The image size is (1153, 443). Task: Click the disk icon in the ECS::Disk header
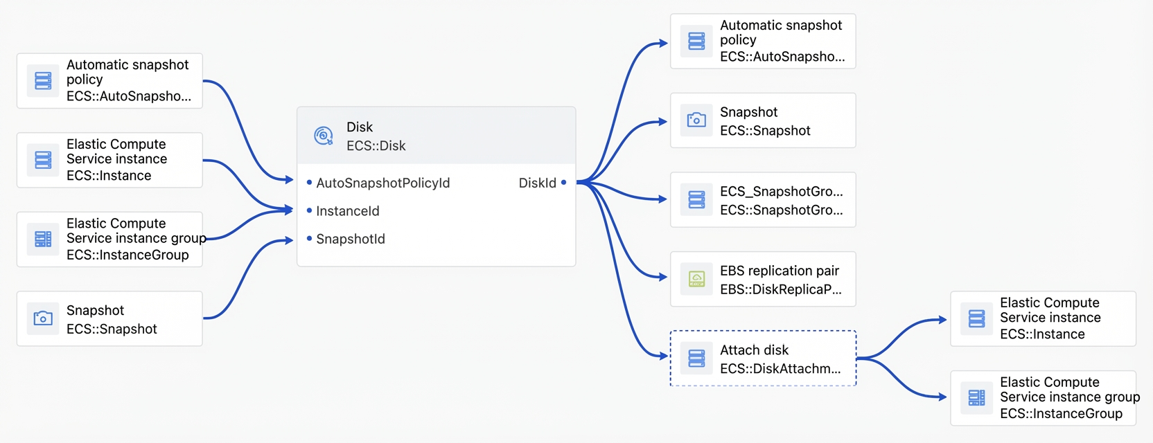pyautogui.click(x=324, y=136)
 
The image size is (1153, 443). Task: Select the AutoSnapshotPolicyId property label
pyautogui.click(x=383, y=183)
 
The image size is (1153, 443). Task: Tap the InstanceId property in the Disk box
pyautogui.click(x=347, y=210)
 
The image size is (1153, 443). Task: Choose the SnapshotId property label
pyautogui.click(x=351, y=239)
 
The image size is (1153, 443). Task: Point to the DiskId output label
pyautogui.click(x=538, y=183)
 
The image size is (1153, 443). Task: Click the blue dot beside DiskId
pyautogui.click(x=563, y=183)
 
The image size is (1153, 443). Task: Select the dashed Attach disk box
pyautogui.click(x=763, y=358)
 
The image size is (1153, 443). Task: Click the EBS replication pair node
pyautogui.click(x=763, y=279)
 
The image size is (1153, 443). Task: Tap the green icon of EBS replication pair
pyautogui.click(x=696, y=279)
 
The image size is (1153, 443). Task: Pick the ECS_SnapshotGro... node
pyautogui.click(x=763, y=200)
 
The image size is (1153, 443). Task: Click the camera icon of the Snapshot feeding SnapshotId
pyautogui.click(x=43, y=318)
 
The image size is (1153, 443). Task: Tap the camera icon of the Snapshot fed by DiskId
pyautogui.click(x=696, y=120)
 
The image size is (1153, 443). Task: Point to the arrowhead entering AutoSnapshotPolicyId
pyautogui.click(x=289, y=180)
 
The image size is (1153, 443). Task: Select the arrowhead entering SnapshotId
pyautogui.click(x=289, y=240)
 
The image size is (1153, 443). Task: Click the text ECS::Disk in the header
pyautogui.click(x=376, y=146)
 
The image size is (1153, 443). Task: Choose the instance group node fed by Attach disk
pyautogui.click(x=1044, y=398)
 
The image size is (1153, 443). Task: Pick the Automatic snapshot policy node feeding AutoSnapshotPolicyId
pyautogui.click(x=109, y=81)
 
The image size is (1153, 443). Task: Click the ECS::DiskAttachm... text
pyautogui.click(x=780, y=368)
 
